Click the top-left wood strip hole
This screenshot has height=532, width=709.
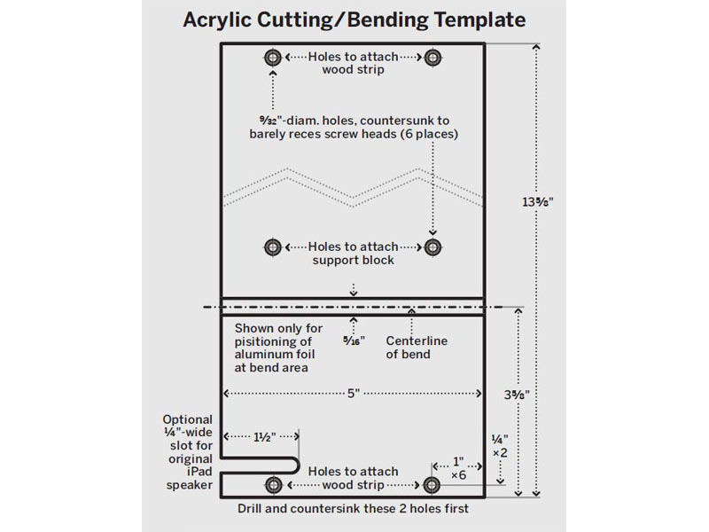click(x=273, y=58)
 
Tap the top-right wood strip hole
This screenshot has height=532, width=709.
click(x=432, y=58)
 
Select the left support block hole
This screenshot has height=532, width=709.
click(x=273, y=247)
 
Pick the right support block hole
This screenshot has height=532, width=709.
click(x=432, y=247)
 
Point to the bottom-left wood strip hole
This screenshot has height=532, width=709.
click(x=274, y=485)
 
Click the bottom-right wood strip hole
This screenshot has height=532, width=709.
click(x=432, y=485)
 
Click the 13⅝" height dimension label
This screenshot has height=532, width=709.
click(x=538, y=202)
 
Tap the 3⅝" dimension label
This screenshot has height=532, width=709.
click(x=517, y=395)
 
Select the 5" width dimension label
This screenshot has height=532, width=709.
click(x=353, y=393)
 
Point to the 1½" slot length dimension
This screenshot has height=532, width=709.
click(x=264, y=437)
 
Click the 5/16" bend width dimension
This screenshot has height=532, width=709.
click(x=354, y=340)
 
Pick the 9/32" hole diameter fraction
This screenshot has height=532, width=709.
click(x=268, y=121)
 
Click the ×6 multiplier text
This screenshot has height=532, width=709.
click(x=458, y=475)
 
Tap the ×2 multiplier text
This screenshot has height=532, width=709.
click(x=500, y=453)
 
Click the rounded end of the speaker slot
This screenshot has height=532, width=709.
click(x=298, y=465)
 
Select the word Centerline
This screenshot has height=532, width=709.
click(x=417, y=340)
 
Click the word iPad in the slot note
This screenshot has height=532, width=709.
click(x=199, y=472)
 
